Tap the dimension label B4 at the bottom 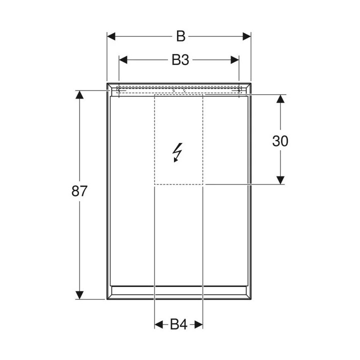pyautogui.click(x=178, y=325)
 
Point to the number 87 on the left pyautogui.click(x=79, y=191)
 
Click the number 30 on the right pyautogui.click(x=280, y=141)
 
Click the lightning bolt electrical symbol pyautogui.click(x=177, y=152)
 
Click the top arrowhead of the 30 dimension pyautogui.click(x=280, y=99)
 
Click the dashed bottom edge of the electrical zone pyautogui.click(x=178, y=184)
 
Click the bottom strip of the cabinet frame pyautogui.click(x=178, y=292)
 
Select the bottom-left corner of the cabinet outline pyautogui.click(x=107, y=299)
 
